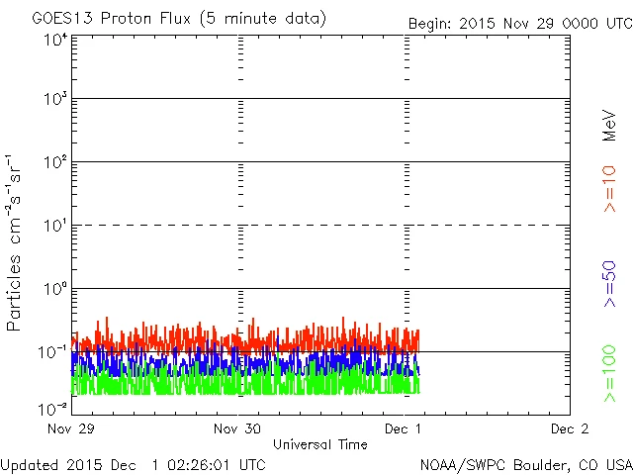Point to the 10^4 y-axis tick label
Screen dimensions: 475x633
tap(54, 40)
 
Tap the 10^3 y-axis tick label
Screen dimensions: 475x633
tap(54, 100)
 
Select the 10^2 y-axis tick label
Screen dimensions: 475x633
tap(54, 163)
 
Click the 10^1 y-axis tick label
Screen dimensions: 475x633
tap(54, 227)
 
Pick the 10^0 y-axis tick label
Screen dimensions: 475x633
tap(54, 290)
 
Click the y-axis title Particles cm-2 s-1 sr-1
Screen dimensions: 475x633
tap(17, 242)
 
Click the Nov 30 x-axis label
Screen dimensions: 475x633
tap(238, 429)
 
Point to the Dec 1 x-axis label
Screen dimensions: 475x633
tap(405, 429)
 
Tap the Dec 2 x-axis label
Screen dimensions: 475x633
tap(569, 429)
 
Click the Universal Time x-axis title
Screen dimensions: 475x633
tap(320, 444)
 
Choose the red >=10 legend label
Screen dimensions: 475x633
tap(609, 188)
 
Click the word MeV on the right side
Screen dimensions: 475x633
tap(609, 126)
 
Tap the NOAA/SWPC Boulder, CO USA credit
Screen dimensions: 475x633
tap(525, 463)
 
